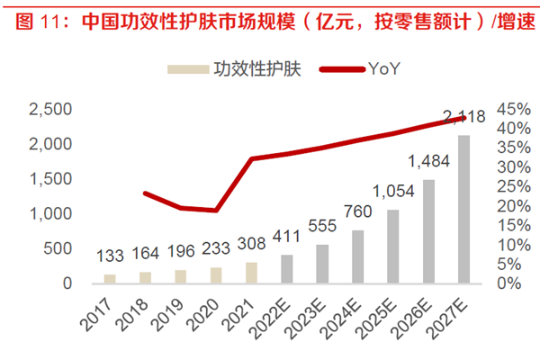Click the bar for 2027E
[463, 209]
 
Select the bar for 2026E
[428, 231]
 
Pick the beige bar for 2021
[251, 273]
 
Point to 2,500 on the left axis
[51, 109]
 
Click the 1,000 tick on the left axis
[51, 213]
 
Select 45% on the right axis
[512, 109]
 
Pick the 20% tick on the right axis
[512, 206]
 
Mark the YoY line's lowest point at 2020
[216, 211]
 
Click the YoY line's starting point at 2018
[146, 193]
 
